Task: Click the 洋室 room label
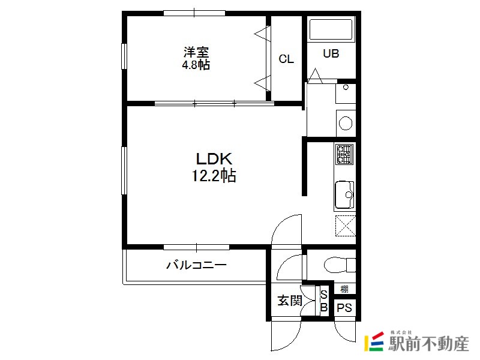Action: click(196, 52)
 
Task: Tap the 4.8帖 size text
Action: click(196, 65)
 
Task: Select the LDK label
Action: click(214, 159)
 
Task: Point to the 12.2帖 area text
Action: click(214, 176)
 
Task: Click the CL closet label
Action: click(286, 59)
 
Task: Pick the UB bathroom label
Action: click(331, 53)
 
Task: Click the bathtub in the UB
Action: click(331, 29)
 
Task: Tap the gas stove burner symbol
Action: click(344, 154)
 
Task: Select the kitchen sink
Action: click(344, 195)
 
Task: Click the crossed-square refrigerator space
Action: click(346, 226)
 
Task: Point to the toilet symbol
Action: click(340, 265)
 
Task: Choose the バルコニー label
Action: click(196, 265)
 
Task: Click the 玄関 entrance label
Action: click(290, 301)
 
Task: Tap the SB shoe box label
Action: click(324, 301)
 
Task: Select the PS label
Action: click(344, 308)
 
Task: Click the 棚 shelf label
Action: click(344, 289)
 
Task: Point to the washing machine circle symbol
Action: click(346, 123)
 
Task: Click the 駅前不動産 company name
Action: click(428, 344)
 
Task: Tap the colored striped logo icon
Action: click(374, 341)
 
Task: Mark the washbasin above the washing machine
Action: click(346, 94)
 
